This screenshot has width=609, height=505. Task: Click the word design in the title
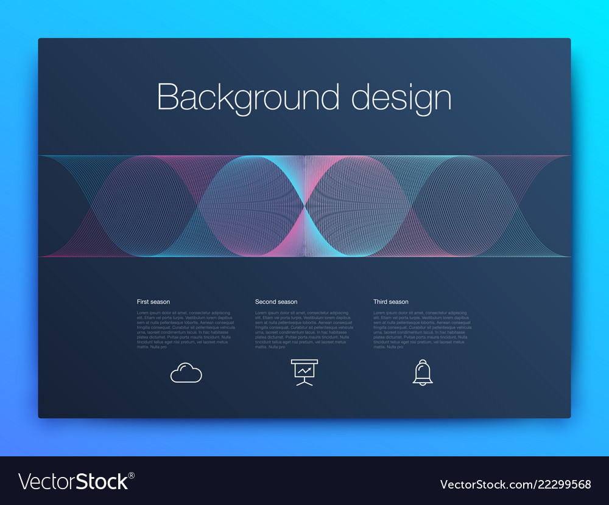pyautogui.click(x=401, y=97)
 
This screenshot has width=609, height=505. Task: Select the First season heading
pyautogui.click(x=153, y=302)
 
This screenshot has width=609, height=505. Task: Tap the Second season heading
pyautogui.click(x=276, y=302)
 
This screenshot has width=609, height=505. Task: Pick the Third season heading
pyautogui.click(x=391, y=302)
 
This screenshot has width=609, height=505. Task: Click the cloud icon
pyautogui.click(x=186, y=372)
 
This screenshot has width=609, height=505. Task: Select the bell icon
pyautogui.click(x=423, y=372)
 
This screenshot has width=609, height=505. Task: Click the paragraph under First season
pyautogui.click(x=185, y=329)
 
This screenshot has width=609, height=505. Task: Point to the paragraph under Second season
pyautogui.click(x=303, y=329)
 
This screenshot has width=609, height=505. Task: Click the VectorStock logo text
pyautogui.click(x=73, y=482)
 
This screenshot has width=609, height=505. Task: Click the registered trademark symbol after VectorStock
pyautogui.click(x=132, y=475)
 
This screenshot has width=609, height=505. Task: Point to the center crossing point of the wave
pyautogui.click(x=304, y=206)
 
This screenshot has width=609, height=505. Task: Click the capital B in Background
pyautogui.click(x=167, y=97)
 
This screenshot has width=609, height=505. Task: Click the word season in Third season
pyautogui.click(x=399, y=302)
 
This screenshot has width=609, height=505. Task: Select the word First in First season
pyautogui.click(x=143, y=302)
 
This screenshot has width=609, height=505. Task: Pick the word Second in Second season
pyautogui.click(x=266, y=302)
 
